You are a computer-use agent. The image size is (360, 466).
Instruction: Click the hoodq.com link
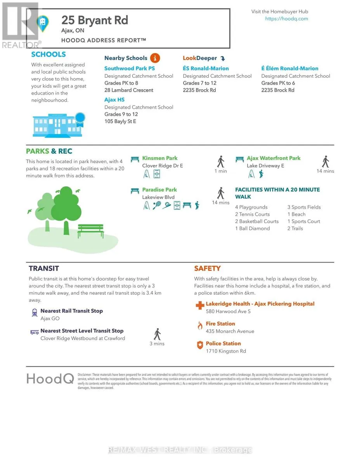[x=286, y=19]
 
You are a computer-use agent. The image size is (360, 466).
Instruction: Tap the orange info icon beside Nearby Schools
[x=154, y=58]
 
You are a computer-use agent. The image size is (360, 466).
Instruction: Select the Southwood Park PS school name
[x=130, y=68]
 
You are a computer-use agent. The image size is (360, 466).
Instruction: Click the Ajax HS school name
[x=114, y=100]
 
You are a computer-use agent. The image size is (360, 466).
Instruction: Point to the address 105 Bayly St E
[x=120, y=121]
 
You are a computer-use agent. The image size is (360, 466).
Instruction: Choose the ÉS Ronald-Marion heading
[x=206, y=68]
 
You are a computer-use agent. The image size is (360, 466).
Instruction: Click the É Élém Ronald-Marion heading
[x=290, y=68]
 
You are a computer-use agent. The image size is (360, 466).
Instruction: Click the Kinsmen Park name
[x=160, y=158]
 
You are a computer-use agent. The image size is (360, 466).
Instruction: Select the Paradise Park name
[x=159, y=190]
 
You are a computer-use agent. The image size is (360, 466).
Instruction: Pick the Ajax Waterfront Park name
[x=273, y=158]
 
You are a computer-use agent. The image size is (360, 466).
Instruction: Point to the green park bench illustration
[x=90, y=231]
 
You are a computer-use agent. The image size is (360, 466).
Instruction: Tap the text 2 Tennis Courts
[x=252, y=214]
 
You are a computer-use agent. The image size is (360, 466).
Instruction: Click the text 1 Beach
[x=296, y=214]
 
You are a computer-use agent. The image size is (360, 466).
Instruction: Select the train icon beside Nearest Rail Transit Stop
[x=35, y=312]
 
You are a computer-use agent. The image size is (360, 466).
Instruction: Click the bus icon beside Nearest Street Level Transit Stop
[x=35, y=332]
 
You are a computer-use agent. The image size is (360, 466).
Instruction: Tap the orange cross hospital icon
[x=200, y=306]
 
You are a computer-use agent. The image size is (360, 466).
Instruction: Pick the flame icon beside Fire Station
[x=200, y=325]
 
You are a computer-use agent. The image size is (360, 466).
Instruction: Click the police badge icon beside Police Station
[x=200, y=345]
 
